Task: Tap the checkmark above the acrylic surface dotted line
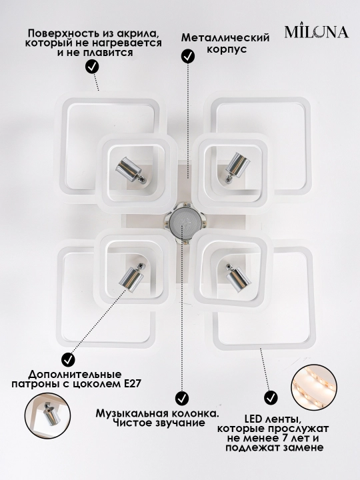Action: pos(92,66)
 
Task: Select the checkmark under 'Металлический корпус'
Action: pos(188,56)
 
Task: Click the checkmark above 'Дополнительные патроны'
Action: pos(68,360)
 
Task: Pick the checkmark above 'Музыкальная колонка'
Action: pos(182,398)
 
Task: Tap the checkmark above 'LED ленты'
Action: pos(271,398)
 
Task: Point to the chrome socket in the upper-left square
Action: pos(131,171)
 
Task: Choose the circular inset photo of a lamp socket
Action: pos(47,416)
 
